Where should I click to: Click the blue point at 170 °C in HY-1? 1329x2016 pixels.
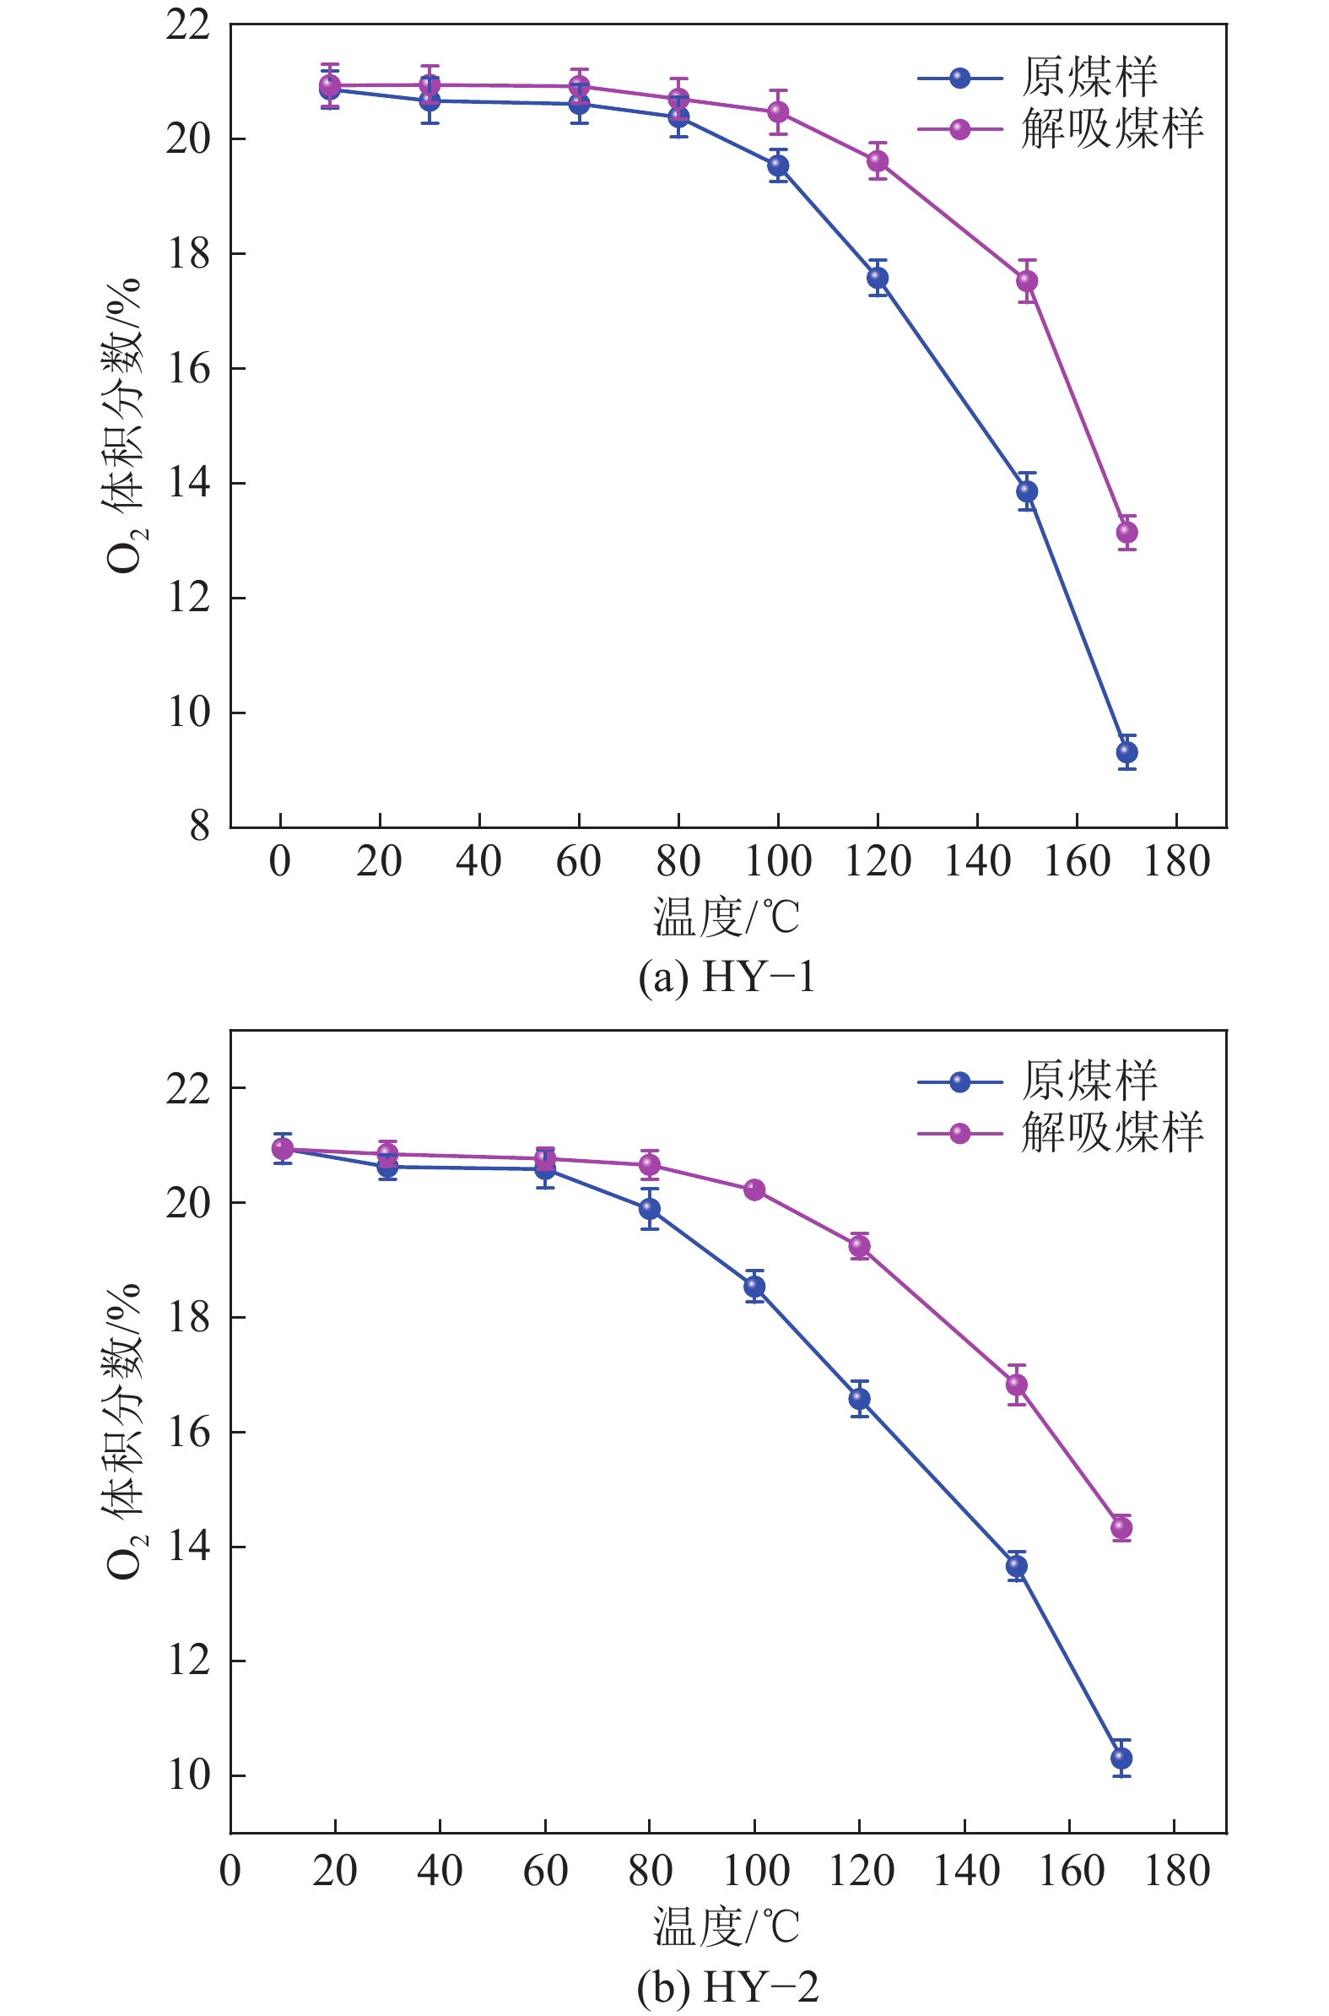click(1126, 752)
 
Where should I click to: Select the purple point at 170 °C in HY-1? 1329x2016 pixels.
click(1126, 533)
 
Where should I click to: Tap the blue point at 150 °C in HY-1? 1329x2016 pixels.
click(1027, 490)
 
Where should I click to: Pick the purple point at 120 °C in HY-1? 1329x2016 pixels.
click(878, 160)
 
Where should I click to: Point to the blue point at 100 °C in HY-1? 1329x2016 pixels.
click(778, 165)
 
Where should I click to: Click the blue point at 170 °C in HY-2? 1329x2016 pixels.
click(1121, 1759)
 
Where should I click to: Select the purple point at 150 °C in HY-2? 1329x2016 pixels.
click(1016, 1385)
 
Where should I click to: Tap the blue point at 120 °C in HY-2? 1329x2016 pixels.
click(860, 1399)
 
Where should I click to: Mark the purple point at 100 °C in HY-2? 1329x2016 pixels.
click(754, 1190)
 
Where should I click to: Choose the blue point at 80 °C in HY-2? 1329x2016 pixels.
click(650, 1209)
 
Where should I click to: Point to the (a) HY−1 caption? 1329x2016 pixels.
click(727, 977)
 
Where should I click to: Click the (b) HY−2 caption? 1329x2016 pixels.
click(727, 1986)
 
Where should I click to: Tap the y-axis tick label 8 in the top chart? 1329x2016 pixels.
click(200, 826)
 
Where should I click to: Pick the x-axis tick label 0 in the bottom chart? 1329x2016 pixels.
click(230, 1872)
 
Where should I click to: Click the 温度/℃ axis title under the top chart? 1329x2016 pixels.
click(727, 918)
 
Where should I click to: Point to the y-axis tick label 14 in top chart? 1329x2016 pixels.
click(188, 482)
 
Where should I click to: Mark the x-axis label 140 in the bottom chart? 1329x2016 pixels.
click(965, 1872)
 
